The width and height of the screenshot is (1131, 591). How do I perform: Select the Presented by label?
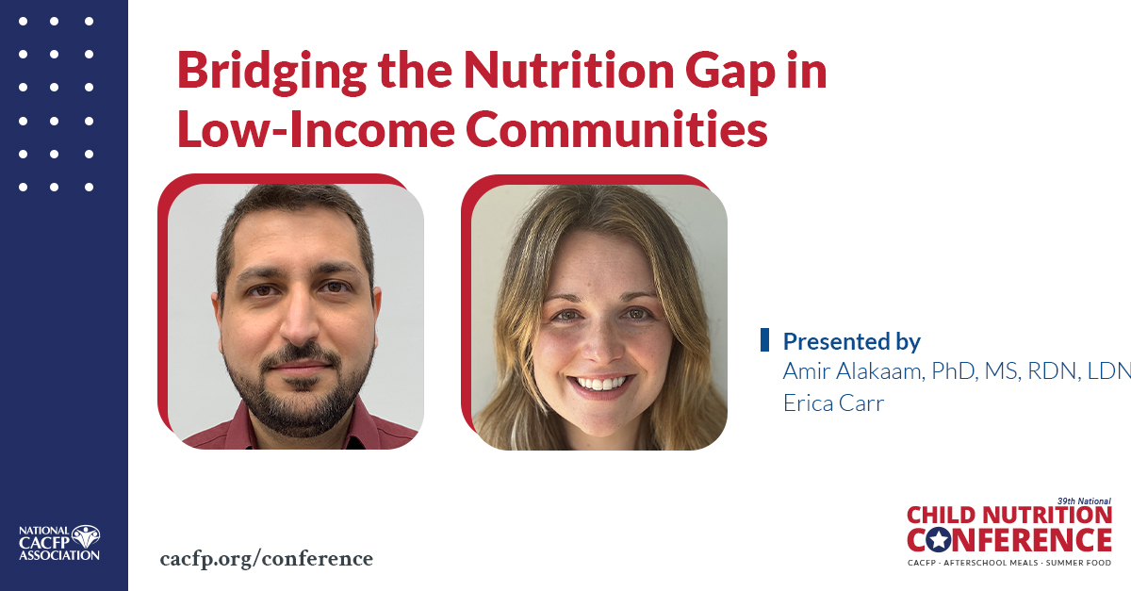pos(851,341)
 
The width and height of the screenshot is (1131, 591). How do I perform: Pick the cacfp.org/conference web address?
pos(267,559)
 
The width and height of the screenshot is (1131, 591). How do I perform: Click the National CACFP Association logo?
pos(59,543)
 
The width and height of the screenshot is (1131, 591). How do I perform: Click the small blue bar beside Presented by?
pos(764,340)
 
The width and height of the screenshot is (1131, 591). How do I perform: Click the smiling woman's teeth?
pos(599,384)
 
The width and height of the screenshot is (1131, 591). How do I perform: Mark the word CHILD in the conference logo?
pos(946,516)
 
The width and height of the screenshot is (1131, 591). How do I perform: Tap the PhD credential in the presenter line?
pos(956,371)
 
